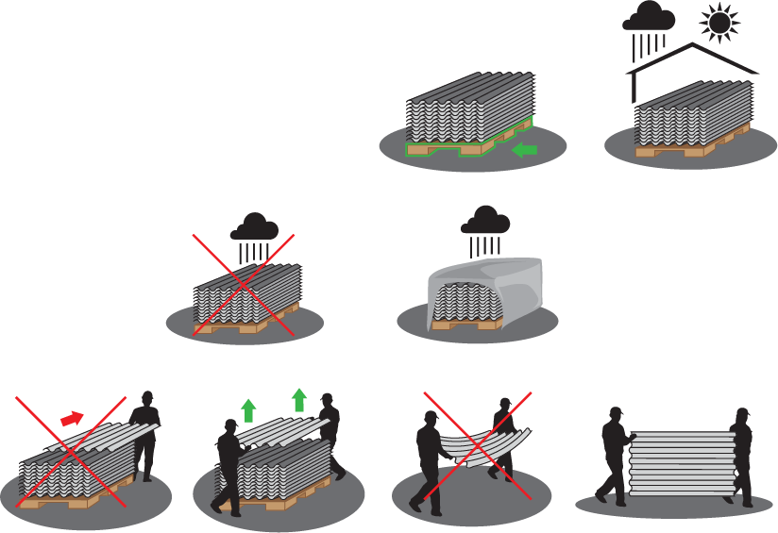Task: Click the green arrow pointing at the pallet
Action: coord(523,149)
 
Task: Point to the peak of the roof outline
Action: coord(694,43)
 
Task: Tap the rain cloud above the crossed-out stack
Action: coord(254,227)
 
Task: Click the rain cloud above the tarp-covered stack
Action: coord(484,220)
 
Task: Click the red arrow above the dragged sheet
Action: coord(72,417)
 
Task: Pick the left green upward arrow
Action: coord(248,409)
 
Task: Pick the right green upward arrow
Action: coord(299,398)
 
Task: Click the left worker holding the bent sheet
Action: coord(431,458)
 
